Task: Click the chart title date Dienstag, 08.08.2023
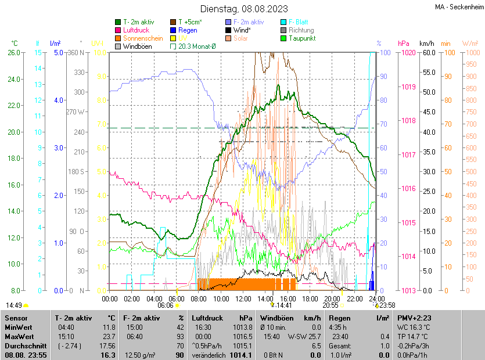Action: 244,9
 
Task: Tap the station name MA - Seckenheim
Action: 459,8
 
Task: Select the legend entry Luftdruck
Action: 136,30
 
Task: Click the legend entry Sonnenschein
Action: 143,38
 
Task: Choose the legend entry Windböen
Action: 138,46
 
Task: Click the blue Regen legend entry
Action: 188,30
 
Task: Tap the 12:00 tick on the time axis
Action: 243,298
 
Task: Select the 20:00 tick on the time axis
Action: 332,298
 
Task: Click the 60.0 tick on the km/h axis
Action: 428,53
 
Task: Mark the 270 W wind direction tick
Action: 77,112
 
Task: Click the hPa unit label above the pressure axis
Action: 403,44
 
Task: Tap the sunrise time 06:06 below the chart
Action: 166,305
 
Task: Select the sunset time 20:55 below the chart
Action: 330,305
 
